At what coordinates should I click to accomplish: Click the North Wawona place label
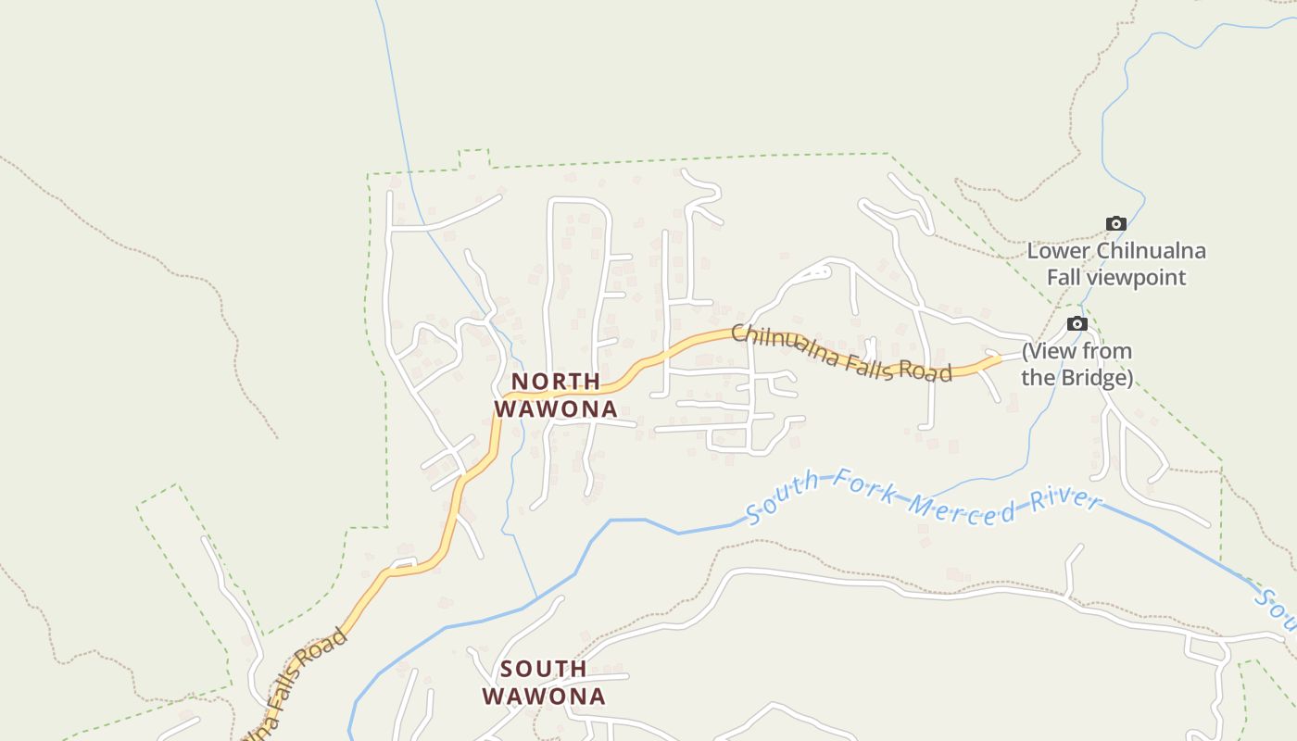(556, 395)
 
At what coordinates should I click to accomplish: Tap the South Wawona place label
(544, 682)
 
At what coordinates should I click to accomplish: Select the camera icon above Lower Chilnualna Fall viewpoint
(1116, 223)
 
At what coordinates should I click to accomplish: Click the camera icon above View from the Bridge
(1077, 323)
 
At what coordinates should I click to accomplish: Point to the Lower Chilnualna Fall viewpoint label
(1116, 264)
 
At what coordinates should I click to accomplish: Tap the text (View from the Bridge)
(1077, 364)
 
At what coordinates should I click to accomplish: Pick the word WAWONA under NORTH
(556, 408)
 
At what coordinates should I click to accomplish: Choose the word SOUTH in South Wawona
(544, 669)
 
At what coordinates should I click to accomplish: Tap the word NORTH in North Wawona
(556, 382)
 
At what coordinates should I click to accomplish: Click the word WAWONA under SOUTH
(544, 696)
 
